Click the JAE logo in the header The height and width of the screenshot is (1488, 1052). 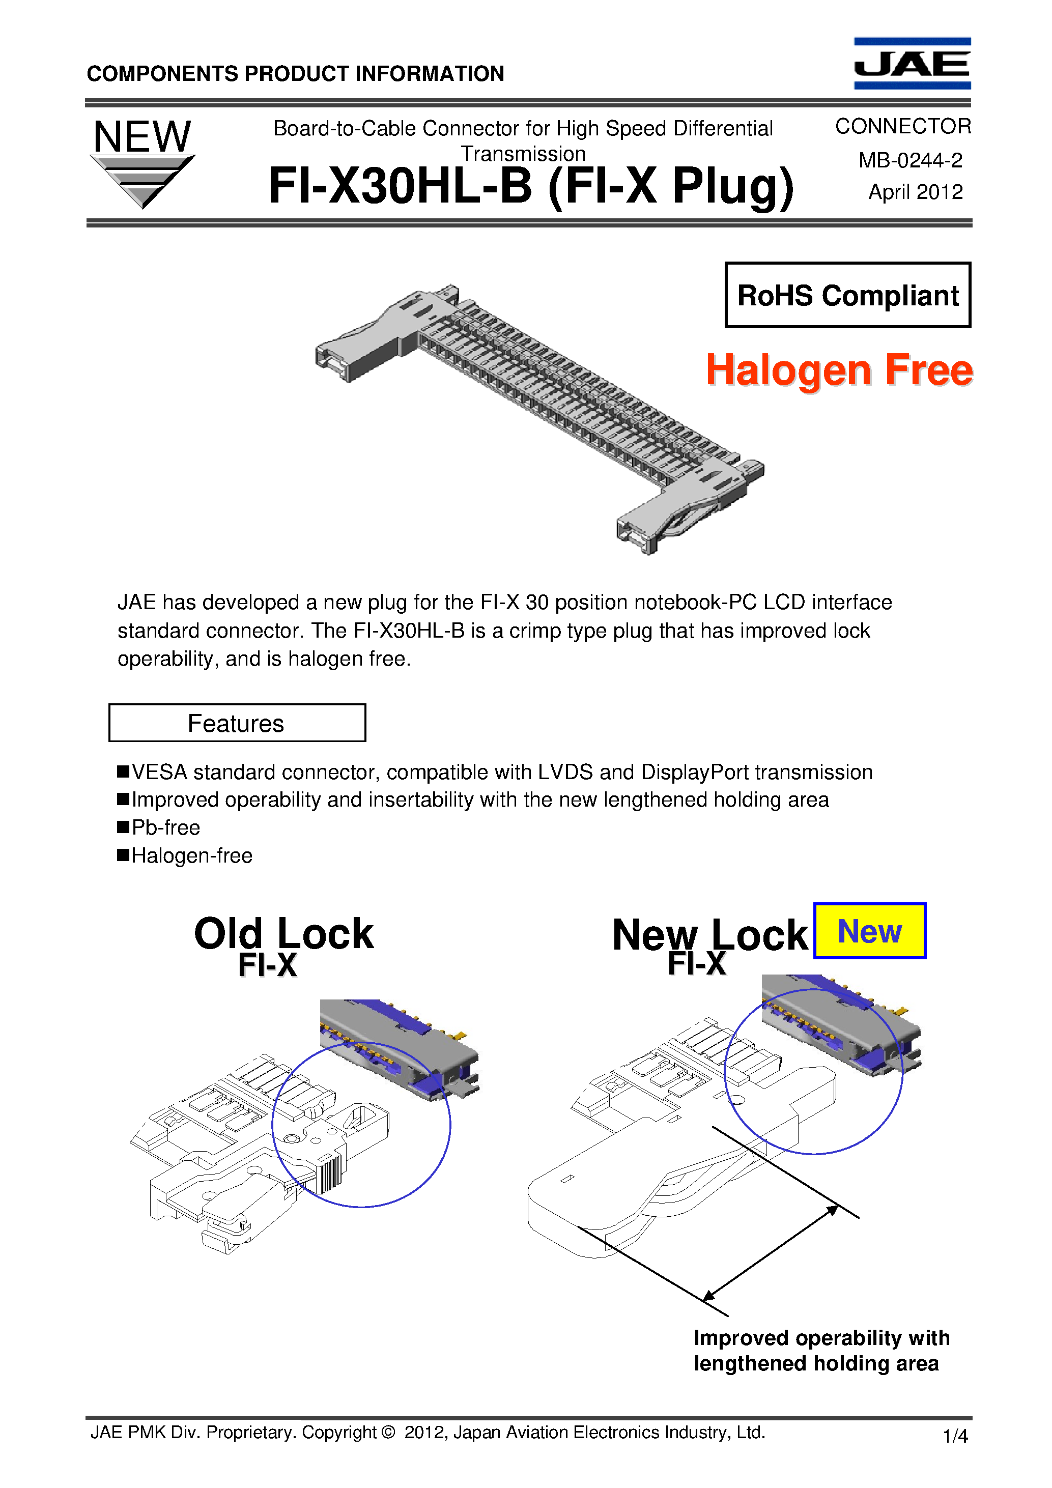click(x=912, y=63)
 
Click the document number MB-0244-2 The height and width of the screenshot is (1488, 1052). click(x=910, y=160)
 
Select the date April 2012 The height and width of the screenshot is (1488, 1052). click(x=915, y=192)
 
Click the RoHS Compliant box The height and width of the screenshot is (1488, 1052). click(x=847, y=295)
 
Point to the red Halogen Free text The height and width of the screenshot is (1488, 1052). click(x=839, y=370)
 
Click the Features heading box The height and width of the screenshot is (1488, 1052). click(x=237, y=723)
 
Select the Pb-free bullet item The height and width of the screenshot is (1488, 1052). click(x=165, y=827)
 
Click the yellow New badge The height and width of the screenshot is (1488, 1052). click(x=869, y=931)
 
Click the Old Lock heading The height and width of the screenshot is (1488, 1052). click(x=283, y=933)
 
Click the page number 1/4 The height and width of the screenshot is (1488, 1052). click(x=955, y=1436)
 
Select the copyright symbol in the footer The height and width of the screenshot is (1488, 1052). click(x=388, y=1432)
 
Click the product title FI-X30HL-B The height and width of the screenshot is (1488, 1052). click(x=400, y=186)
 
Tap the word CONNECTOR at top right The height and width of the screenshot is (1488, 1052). click(x=902, y=126)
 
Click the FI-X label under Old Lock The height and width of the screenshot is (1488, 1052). click(x=267, y=965)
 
